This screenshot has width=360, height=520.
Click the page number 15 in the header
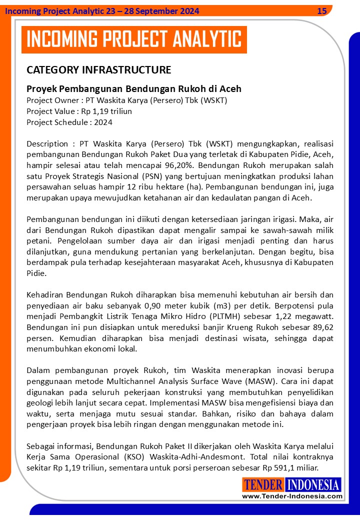tap(322, 11)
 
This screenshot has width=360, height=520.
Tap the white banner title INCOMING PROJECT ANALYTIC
tap(133, 39)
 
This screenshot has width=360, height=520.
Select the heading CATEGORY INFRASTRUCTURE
tap(98, 69)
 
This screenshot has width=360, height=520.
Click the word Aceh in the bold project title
tap(230, 89)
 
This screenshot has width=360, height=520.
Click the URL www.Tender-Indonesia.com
tap(292, 496)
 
